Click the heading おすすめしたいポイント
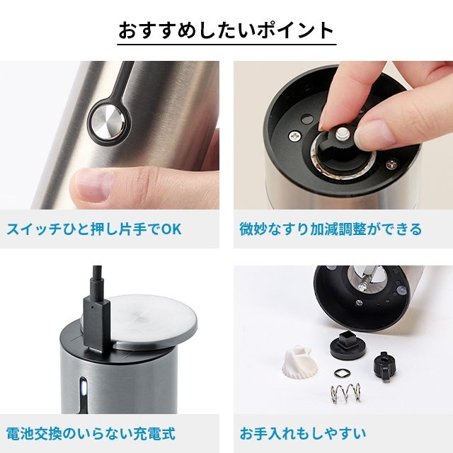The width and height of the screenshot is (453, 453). point(226,30)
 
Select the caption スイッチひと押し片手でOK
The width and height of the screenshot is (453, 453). point(94,229)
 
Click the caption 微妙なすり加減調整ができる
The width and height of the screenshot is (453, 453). point(331,229)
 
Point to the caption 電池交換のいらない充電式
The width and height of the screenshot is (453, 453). point(91,434)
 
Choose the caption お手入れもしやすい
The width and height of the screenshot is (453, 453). point(303,434)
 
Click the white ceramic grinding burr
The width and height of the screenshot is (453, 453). point(300,362)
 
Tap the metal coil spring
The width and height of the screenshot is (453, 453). point(346,393)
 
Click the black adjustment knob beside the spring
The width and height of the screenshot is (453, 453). point(384,365)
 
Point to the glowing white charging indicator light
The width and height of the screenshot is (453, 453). point(84,387)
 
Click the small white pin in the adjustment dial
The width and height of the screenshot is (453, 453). point(343,134)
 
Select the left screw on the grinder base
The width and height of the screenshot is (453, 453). point(295,136)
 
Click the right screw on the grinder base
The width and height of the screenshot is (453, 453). point(392,164)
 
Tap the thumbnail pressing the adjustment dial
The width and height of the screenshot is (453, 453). point(373,134)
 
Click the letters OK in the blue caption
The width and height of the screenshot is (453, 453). point(171,229)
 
